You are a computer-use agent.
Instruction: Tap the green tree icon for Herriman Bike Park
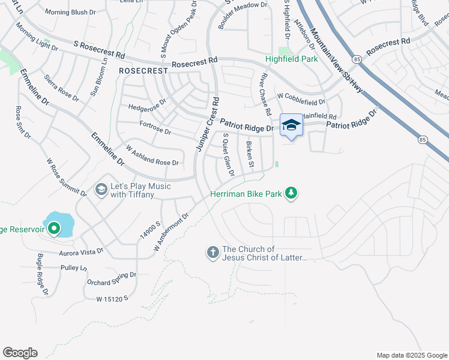pos(291,193)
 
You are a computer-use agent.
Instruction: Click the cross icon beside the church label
pos(212,253)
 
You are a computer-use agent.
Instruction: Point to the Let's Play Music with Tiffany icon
pos(101,190)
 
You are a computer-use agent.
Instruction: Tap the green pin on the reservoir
pos(53,228)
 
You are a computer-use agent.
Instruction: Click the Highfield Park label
pos(292,59)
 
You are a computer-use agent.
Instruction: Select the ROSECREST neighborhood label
pos(143,71)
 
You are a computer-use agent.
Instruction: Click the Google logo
pos(20,352)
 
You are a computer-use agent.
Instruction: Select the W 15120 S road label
pos(112,298)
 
